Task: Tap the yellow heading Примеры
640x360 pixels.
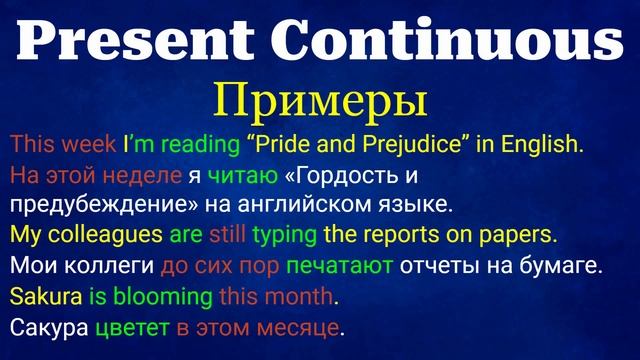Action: [321, 103]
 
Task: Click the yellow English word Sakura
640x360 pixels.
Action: [38, 297]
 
